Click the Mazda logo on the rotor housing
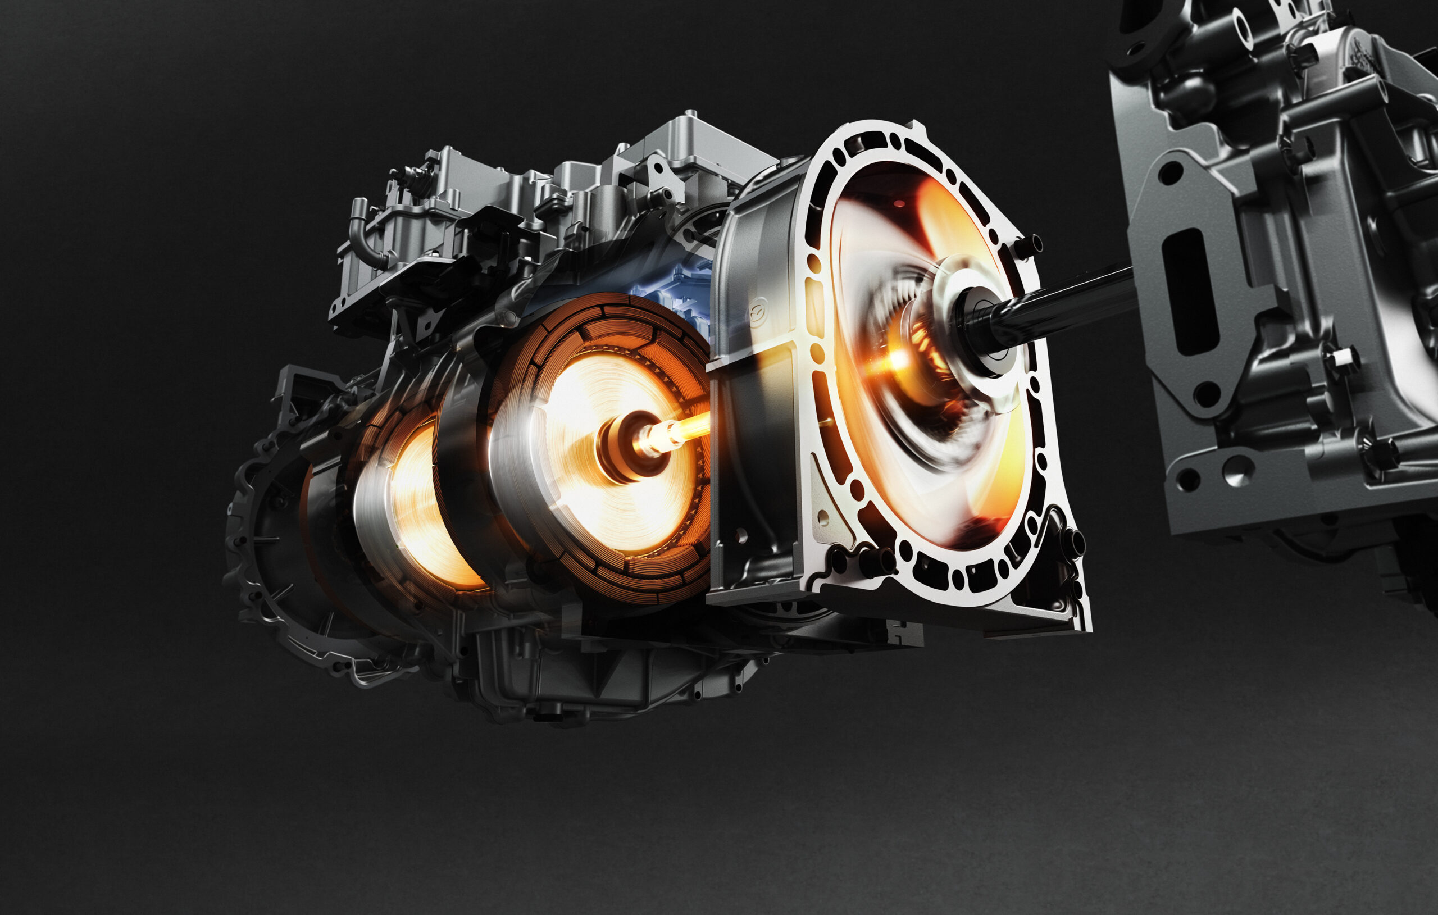click(x=758, y=311)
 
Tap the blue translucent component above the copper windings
click(x=675, y=287)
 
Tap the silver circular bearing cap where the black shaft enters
click(x=980, y=326)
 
